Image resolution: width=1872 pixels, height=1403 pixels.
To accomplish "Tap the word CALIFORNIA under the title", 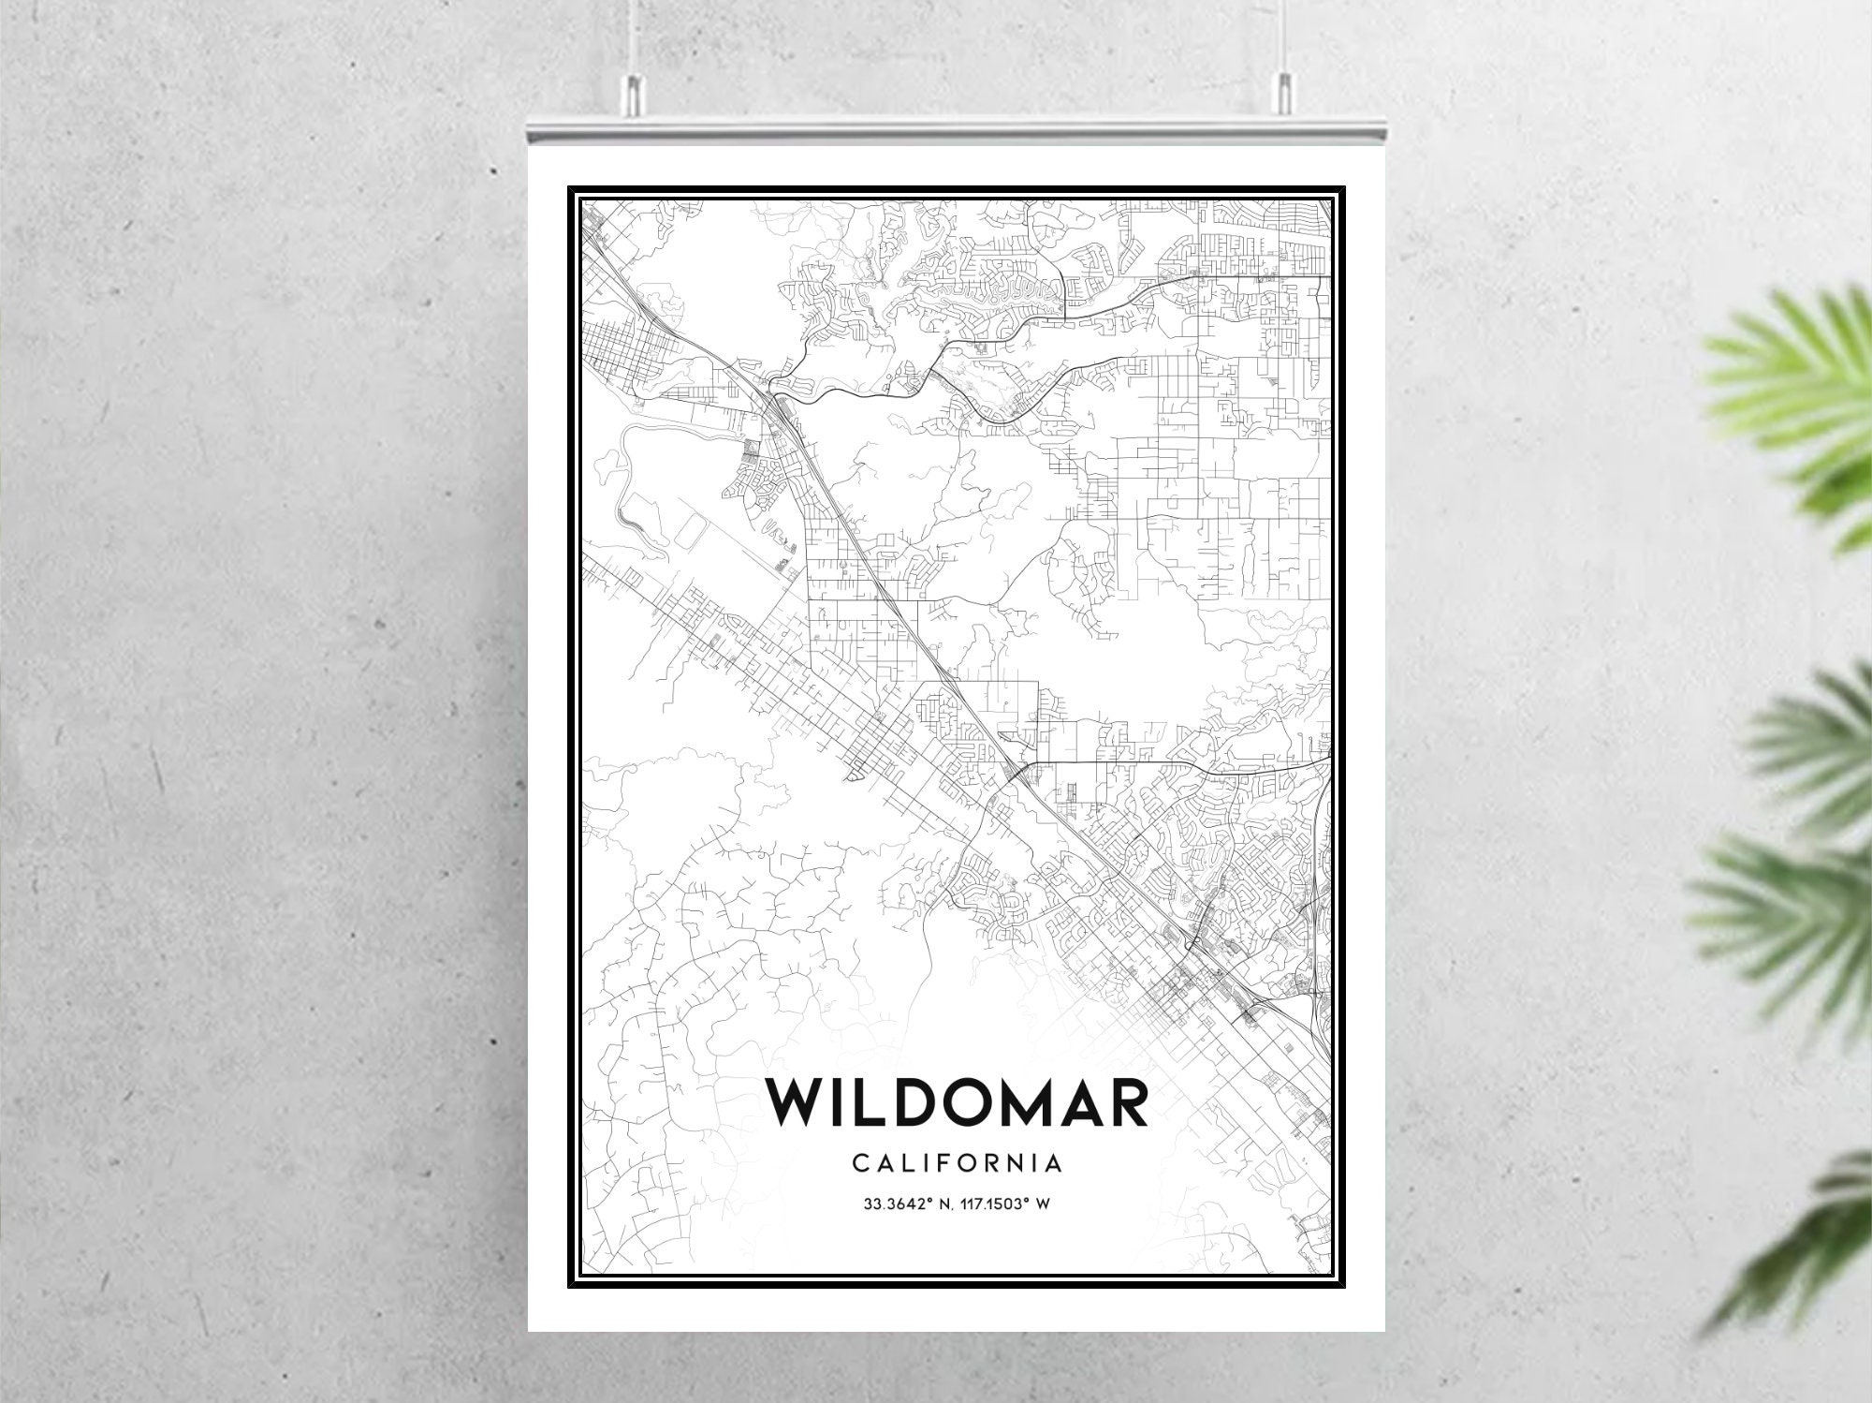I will (x=958, y=1164).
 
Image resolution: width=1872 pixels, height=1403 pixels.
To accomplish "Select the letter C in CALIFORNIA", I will (x=859, y=1164).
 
